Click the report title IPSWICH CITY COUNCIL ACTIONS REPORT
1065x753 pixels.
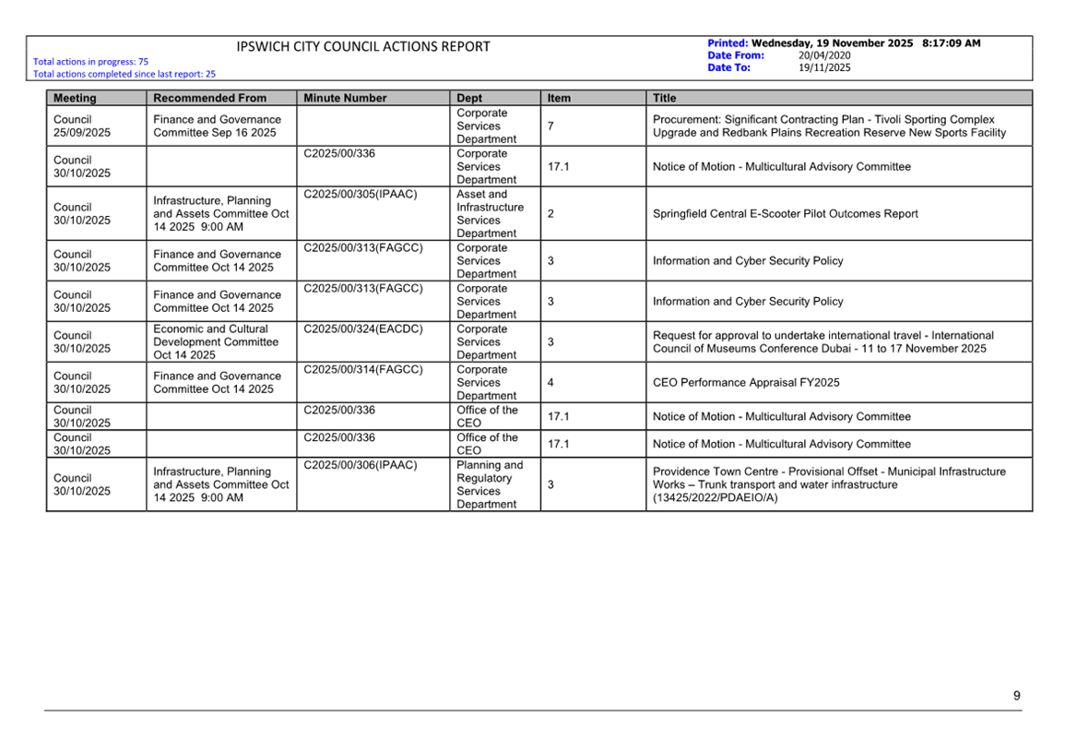coord(363,47)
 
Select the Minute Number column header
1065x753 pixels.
coord(345,98)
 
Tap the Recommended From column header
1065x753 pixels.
coord(209,98)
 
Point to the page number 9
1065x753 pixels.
coord(1016,696)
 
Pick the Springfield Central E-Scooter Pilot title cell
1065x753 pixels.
coord(785,214)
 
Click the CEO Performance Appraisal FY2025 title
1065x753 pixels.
coord(746,383)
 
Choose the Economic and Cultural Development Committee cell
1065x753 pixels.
coord(216,342)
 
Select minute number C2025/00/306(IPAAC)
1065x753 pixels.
coord(361,465)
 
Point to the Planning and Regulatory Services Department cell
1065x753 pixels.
coord(489,484)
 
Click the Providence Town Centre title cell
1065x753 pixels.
coord(829,484)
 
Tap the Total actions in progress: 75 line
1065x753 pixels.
coord(90,62)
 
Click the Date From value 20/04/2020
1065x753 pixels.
coord(824,55)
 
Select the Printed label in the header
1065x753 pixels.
coord(728,43)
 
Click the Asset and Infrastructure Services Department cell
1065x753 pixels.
coord(489,214)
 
